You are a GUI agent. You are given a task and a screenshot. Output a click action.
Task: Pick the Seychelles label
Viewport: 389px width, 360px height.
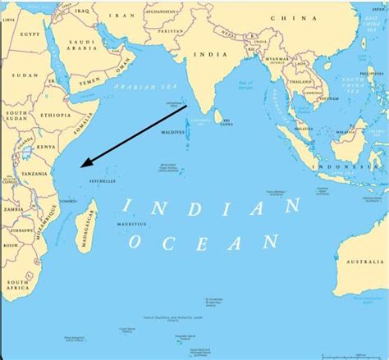(x=103, y=180)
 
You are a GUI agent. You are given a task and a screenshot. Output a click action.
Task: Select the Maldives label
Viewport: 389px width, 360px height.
(x=172, y=132)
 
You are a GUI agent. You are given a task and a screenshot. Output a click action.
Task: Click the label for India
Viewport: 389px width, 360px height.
(x=205, y=54)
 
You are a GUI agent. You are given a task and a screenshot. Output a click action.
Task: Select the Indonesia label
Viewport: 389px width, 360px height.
(x=345, y=166)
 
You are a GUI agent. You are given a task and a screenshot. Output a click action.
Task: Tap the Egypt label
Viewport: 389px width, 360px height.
(x=30, y=34)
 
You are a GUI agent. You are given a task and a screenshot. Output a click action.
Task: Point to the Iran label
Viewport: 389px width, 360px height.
(x=124, y=16)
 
